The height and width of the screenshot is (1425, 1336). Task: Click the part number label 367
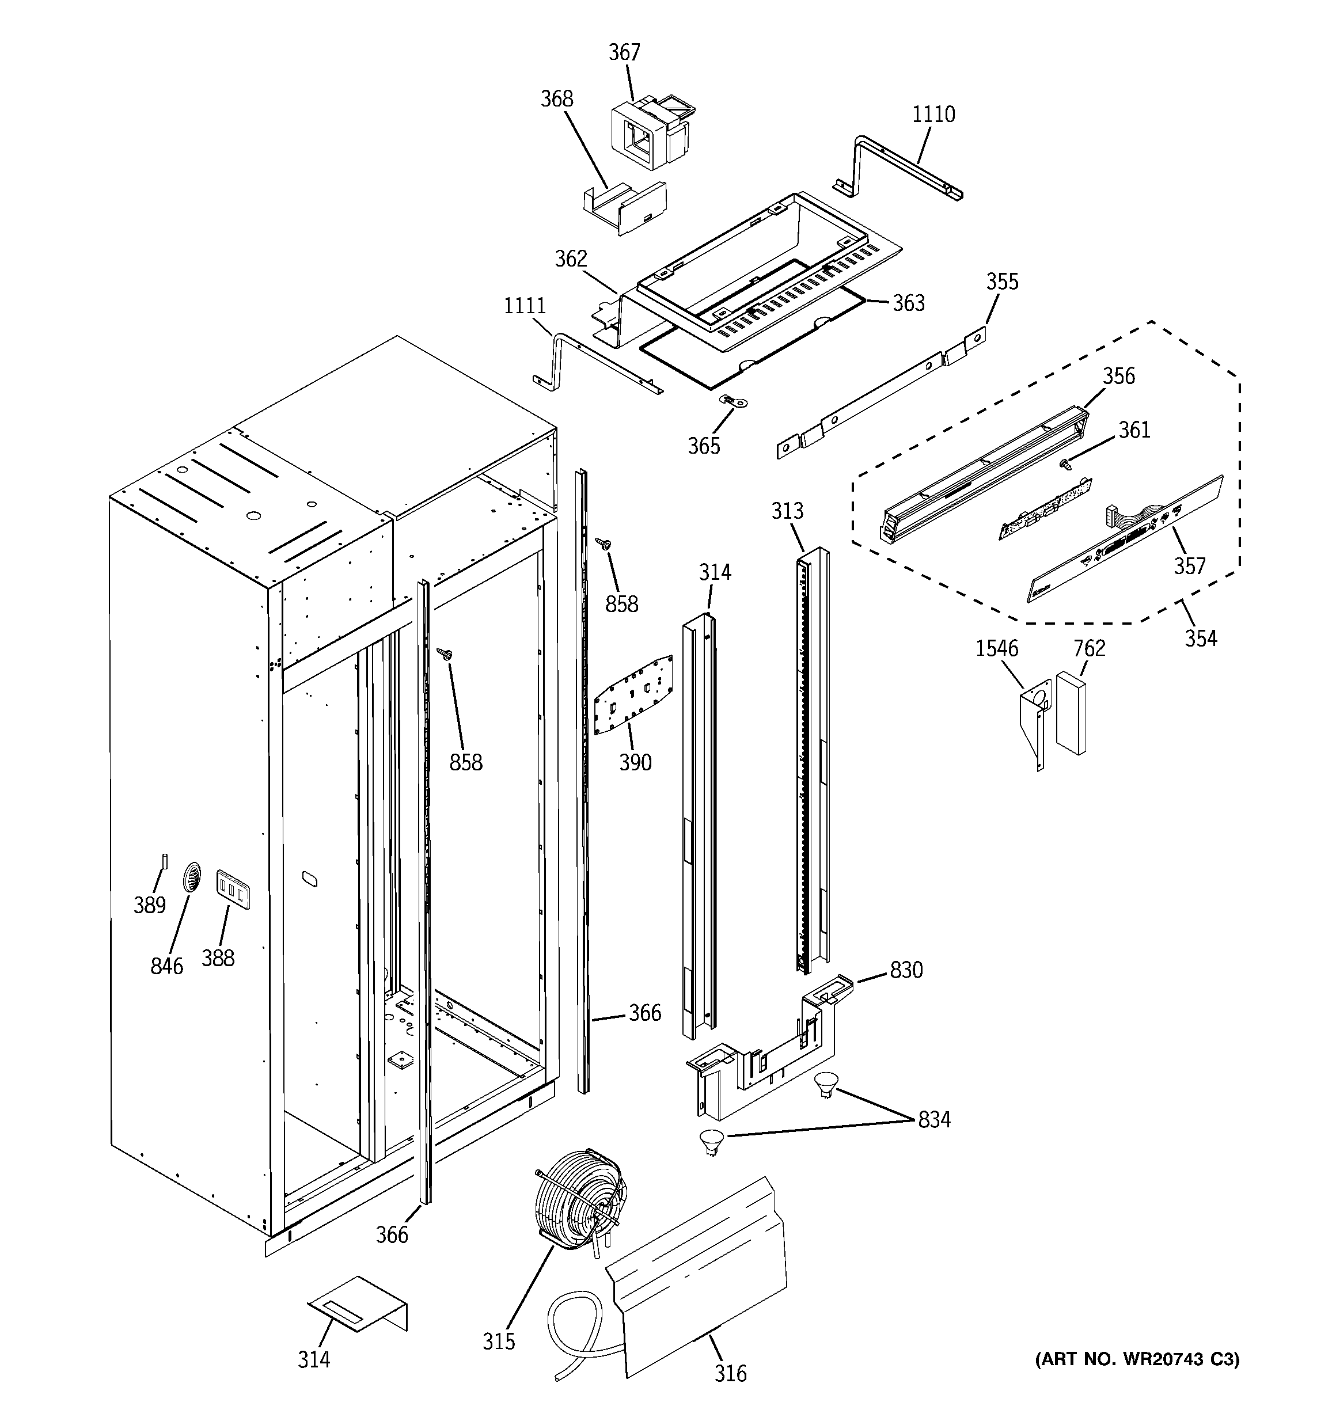click(x=624, y=52)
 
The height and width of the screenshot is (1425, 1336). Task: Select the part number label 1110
click(x=933, y=114)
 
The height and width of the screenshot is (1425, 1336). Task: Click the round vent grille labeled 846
click(x=191, y=877)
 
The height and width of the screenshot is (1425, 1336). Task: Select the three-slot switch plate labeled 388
click(x=233, y=889)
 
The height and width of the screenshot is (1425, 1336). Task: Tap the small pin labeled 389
click(x=165, y=860)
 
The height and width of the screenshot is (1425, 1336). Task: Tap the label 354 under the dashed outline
click(x=1201, y=637)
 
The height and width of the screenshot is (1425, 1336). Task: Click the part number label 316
click(x=730, y=1373)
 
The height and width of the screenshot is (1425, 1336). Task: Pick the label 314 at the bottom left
click(x=313, y=1358)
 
